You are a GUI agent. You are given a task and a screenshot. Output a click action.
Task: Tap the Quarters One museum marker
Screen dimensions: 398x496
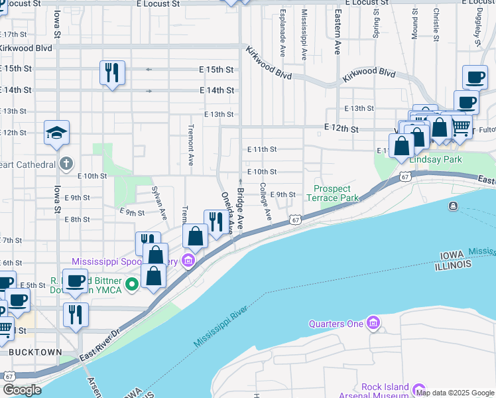(x=374, y=323)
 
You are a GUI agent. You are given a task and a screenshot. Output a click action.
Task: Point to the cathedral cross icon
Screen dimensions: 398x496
(x=66, y=163)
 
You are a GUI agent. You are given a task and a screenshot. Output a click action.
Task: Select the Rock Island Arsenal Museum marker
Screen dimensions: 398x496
(x=418, y=389)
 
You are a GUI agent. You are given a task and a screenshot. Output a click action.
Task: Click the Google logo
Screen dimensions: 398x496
(x=22, y=390)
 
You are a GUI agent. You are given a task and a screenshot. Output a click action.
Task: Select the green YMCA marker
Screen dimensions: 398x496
(x=132, y=285)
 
